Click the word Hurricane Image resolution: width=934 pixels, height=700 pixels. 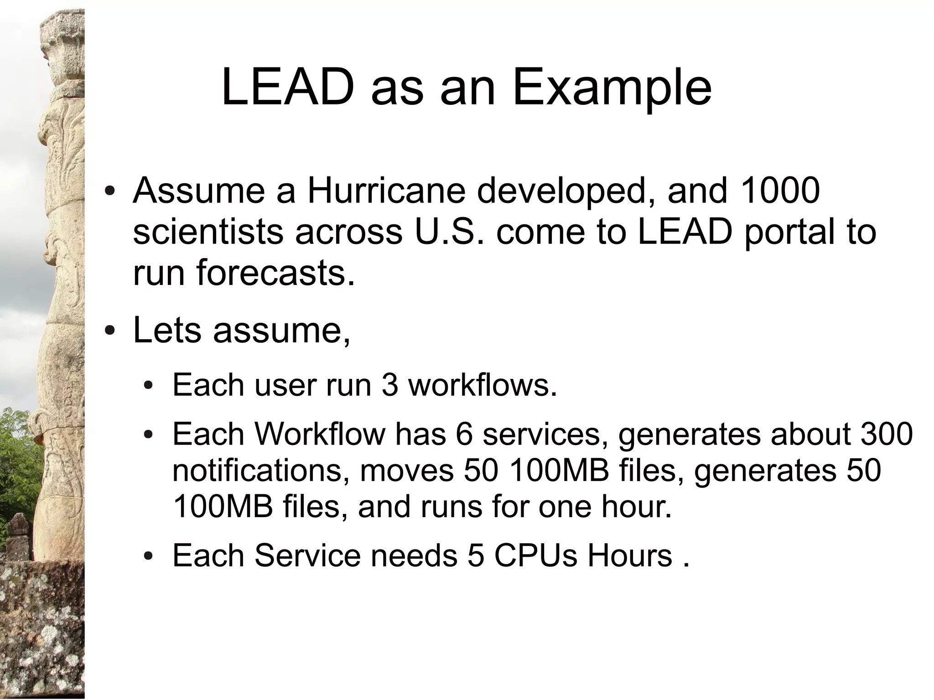[x=386, y=191]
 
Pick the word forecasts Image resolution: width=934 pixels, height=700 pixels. [x=275, y=273]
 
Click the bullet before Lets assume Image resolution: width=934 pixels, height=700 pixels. [x=109, y=330]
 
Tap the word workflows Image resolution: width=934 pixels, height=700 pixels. [x=483, y=385]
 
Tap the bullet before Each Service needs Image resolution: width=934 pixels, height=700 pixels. [x=148, y=556]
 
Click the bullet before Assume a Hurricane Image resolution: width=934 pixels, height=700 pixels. [x=109, y=191]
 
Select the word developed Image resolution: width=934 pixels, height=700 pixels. [x=567, y=192]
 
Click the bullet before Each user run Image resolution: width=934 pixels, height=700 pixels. [x=148, y=386]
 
